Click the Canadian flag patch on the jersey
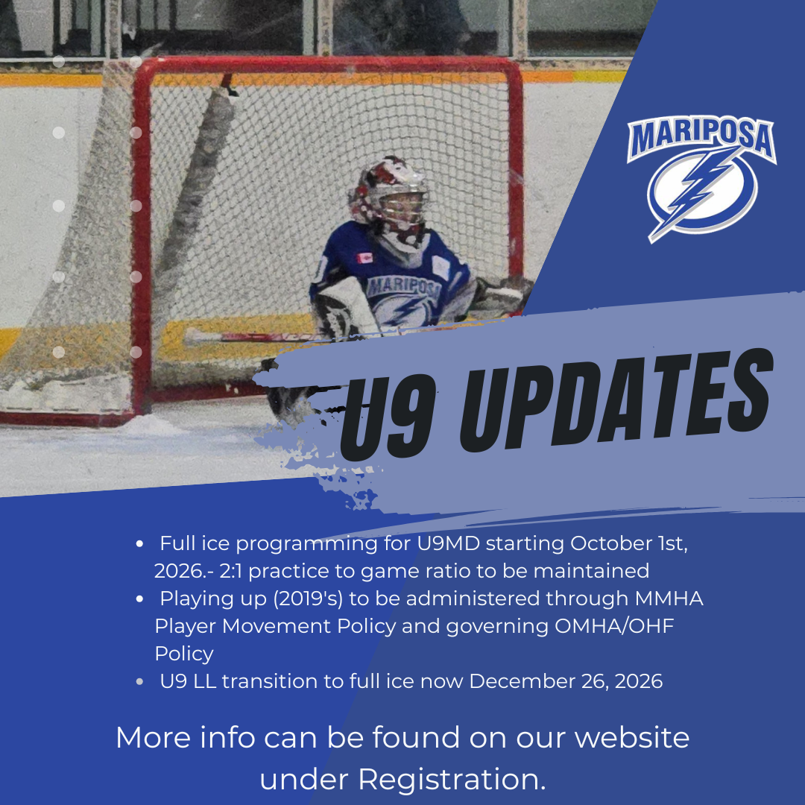[x=364, y=257]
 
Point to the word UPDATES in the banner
[x=616, y=398]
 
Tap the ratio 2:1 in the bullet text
[x=231, y=571]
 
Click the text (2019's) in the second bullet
[x=308, y=599]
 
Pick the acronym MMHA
[x=669, y=599]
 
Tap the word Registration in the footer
[x=452, y=780]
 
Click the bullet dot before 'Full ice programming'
[x=139, y=544]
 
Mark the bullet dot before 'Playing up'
[x=139, y=599]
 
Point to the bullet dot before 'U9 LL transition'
[x=139, y=682]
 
